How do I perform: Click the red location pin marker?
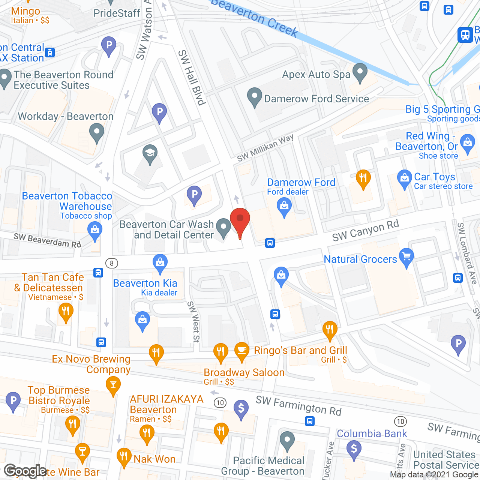(240, 219)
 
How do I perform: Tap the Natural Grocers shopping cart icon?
(406, 257)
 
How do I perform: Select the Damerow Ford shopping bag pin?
(284, 207)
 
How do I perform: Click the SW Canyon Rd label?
(365, 231)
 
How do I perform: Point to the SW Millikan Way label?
(265, 148)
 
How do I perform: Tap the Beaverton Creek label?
(255, 17)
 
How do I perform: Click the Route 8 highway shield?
(112, 263)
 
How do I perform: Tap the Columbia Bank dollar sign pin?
(354, 448)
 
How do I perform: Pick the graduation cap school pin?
(150, 153)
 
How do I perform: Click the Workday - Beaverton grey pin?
(97, 133)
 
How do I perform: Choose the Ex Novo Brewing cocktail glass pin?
(113, 385)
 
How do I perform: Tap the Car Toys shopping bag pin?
(405, 179)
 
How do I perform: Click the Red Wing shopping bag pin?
(467, 143)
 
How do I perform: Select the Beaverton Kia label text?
(145, 283)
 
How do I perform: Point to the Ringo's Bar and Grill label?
(300, 351)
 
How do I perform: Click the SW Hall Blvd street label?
(192, 78)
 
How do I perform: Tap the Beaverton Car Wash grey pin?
(224, 227)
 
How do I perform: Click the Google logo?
(25, 471)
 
